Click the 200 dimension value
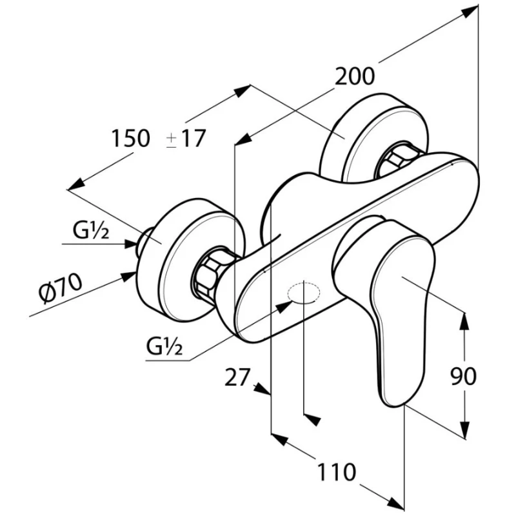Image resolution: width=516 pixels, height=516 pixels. click(x=354, y=76)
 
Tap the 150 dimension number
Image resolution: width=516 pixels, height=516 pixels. click(x=130, y=138)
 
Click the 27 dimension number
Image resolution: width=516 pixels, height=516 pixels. click(x=236, y=377)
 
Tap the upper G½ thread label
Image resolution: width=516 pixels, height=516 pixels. click(x=90, y=230)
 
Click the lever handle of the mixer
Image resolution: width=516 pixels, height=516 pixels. click(x=393, y=310)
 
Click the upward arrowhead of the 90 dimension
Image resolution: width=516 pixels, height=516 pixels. click(x=463, y=319)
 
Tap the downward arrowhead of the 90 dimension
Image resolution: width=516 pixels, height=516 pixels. click(x=463, y=431)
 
